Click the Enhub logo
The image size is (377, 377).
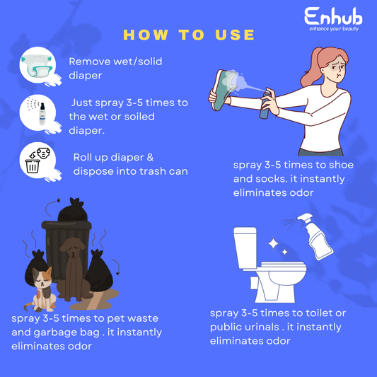click(x=333, y=19)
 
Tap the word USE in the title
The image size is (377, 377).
click(x=235, y=35)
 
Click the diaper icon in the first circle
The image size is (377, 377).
click(x=37, y=65)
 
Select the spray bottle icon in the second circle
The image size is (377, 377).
click(x=42, y=114)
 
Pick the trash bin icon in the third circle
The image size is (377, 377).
click(x=33, y=166)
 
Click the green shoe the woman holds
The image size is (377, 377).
click(x=221, y=90)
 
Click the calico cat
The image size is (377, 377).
click(x=41, y=289)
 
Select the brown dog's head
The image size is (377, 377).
click(x=72, y=248)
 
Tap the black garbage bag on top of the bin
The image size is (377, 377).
click(x=73, y=209)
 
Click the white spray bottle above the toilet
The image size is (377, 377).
click(x=315, y=237)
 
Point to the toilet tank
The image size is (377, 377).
click(x=245, y=248)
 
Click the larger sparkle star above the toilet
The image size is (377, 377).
click(x=273, y=244)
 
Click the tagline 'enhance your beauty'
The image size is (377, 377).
click(x=334, y=29)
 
